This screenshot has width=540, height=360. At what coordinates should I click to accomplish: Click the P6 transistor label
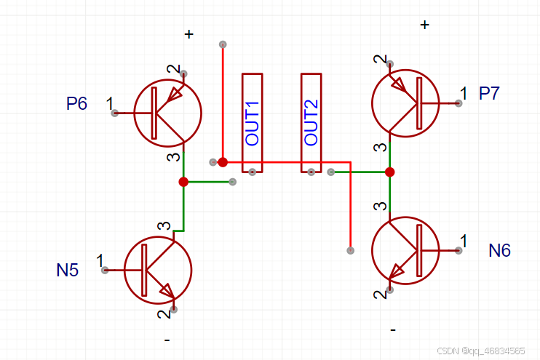(76, 104)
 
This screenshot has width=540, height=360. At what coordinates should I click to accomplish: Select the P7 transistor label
(490, 93)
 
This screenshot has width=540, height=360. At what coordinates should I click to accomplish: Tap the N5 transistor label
(68, 271)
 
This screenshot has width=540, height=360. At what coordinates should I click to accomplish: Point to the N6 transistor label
(500, 251)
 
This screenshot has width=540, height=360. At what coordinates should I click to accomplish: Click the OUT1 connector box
(252, 123)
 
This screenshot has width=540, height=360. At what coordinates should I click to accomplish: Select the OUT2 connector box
(311, 123)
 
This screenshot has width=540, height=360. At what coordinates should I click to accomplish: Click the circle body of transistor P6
(168, 113)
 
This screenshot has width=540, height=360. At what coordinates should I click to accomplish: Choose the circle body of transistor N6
(405, 250)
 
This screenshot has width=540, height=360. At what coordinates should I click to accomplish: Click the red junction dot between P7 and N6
(390, 172)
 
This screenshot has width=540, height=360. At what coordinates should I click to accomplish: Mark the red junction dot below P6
(183, 182)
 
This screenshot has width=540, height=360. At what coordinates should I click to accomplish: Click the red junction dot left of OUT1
(223, 161)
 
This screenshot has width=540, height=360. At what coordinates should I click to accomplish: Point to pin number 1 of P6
(109, 103)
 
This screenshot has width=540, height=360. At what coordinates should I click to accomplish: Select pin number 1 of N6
(464, 240)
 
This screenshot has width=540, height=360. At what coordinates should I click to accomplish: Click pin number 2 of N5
(162, 314)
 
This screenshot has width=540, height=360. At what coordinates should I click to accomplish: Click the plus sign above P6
(189, 34)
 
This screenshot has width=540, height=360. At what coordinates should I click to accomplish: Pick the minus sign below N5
(167, 340)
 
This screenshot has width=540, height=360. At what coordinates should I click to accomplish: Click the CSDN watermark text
(483, 351)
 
